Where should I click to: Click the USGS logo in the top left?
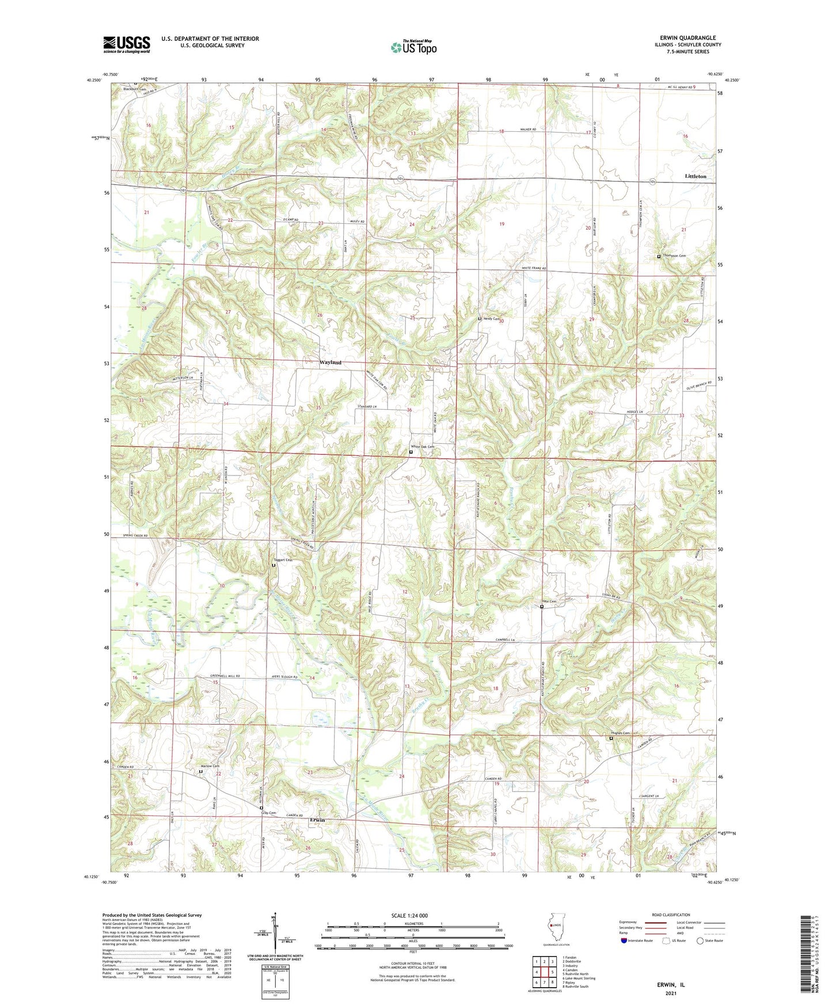127,44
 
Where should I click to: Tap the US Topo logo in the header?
413,47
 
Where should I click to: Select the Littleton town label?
696,176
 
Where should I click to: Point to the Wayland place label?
330,363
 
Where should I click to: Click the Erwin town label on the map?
317,820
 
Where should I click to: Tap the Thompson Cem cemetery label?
674,256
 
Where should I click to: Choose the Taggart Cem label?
282,559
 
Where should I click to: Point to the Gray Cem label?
269,813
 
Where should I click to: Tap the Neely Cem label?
491,318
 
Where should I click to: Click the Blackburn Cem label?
134,89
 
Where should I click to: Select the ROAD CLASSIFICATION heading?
671,915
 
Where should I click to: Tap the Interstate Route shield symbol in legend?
624,941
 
